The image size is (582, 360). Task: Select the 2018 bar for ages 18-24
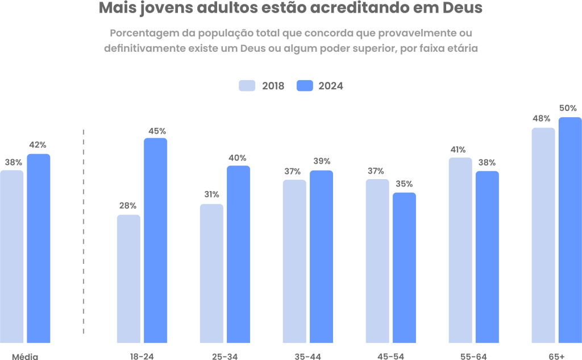coord(128,279)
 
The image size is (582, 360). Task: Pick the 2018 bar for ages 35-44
coord(294,261)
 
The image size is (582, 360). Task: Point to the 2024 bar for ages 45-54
coord(404,268)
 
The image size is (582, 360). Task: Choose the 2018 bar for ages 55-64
coord(460,250)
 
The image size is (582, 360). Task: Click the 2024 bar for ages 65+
coord(570,230)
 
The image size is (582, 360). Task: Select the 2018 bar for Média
coord(12,256)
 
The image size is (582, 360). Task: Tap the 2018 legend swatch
coord(247,86)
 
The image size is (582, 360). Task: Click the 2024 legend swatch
coord(305,86)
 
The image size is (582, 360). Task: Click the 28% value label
coord(127,206)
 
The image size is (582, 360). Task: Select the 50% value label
coord(568,108)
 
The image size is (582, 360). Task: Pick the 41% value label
coord(458,150)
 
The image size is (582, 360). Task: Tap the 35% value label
coord(404,184)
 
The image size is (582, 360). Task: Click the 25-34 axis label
coord(225,356)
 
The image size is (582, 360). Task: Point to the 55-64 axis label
coord(473,356)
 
